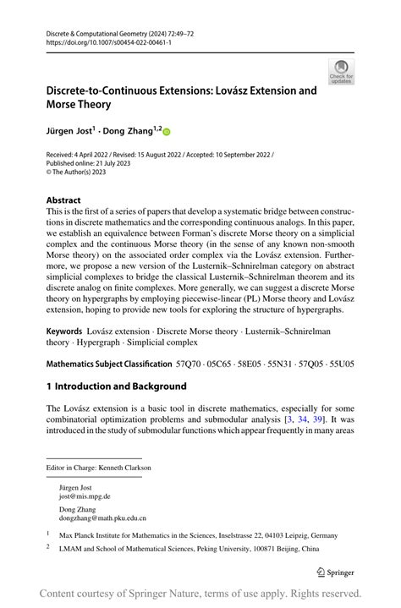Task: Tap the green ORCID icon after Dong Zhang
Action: pyautogui.click(x=167, y=131)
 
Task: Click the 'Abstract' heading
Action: pyautogui.click(x=69, y=201)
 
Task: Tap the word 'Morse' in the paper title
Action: pyautogui.click(x=63, y=105)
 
